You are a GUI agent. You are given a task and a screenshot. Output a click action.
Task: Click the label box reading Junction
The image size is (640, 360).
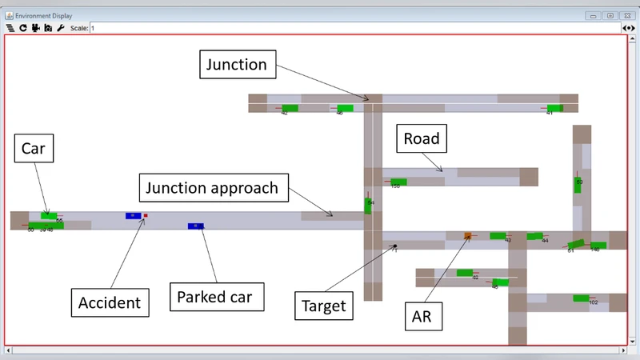coord(238,64)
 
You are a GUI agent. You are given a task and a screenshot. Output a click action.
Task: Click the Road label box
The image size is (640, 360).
coord(421,138)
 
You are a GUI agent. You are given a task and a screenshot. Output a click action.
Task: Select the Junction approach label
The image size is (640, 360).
coord(212,189)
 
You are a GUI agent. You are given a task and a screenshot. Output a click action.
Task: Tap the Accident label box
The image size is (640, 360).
coord(109,302)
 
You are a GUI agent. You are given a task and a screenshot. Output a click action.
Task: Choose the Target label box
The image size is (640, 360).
coord(323,305)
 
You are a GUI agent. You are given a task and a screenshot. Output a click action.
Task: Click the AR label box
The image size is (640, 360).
coord(422,316)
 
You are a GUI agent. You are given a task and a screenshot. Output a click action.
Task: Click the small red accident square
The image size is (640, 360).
coord(146,216)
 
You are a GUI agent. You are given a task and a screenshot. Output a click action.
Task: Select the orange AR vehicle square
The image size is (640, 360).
coord(468,235)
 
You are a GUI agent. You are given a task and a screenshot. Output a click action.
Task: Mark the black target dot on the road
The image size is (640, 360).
coord(394,246)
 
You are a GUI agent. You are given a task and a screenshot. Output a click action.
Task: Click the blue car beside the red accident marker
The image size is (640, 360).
coord(133,216)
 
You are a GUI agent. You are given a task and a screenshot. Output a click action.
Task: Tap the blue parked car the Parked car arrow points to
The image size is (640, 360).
coord(196,226)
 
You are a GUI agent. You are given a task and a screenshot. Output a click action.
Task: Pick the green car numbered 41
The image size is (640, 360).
coord(554,108)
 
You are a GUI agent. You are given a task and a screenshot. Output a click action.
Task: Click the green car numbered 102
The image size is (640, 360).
coord(582,298)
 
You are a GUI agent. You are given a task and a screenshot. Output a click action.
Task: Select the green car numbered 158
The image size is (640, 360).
coord(398,182)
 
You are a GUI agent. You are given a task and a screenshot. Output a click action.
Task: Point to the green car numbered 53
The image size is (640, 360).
coord(578,186)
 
